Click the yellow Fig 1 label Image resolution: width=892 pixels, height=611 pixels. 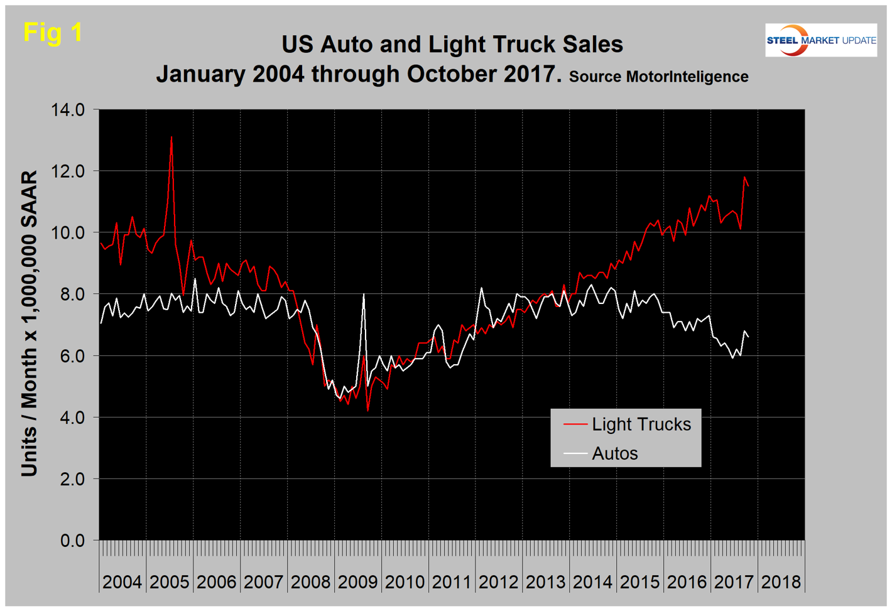(53, 32)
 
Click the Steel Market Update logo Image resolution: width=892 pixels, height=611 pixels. (820, 40)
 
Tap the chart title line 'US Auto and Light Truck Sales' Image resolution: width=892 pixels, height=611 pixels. (452, 45)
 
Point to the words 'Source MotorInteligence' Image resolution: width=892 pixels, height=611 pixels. (658, 77)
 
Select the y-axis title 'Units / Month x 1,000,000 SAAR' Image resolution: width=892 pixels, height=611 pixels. (30, 323)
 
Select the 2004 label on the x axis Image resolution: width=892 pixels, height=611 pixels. (122, 582)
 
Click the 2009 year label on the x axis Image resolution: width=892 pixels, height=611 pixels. (357, 582)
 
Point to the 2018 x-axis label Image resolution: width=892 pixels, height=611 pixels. (781, 582)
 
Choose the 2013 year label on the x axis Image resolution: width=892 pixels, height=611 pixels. (545, 582)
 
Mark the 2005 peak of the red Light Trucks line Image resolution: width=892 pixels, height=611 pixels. (171, 138)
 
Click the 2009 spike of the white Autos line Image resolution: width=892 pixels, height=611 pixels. (364, 295)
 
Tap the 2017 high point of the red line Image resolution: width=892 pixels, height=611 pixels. (744, 177)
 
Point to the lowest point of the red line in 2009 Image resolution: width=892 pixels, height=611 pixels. (367, 411)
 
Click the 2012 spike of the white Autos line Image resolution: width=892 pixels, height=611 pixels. (481, 288)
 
